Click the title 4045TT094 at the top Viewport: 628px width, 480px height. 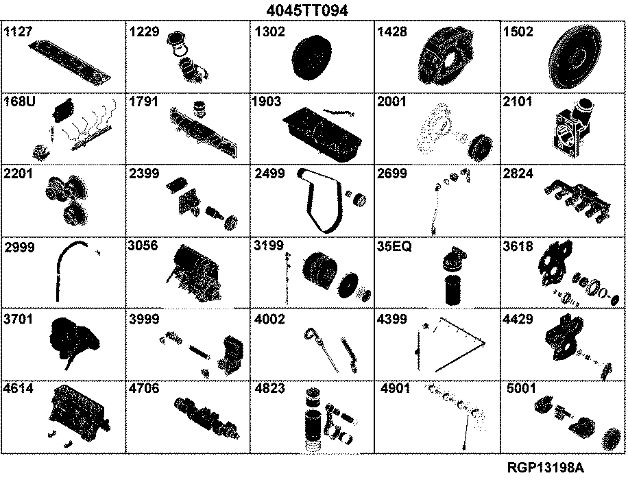click(307, 10)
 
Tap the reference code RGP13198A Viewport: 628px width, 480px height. click(546, 467)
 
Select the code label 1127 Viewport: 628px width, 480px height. click(18, 32)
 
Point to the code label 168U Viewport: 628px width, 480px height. click(19, 101)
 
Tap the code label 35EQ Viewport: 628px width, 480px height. click(394, 246)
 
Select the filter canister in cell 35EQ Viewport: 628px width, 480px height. click(452, 289)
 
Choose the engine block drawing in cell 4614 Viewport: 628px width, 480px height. click(80, 413)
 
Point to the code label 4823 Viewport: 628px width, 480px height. click(270, 388)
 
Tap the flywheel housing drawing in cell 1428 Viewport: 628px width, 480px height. click(445, 56)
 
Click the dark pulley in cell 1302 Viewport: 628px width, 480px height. click(312, 57)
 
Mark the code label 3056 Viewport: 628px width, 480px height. click(143, 245)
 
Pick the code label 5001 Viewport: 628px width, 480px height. click(521, 388)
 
